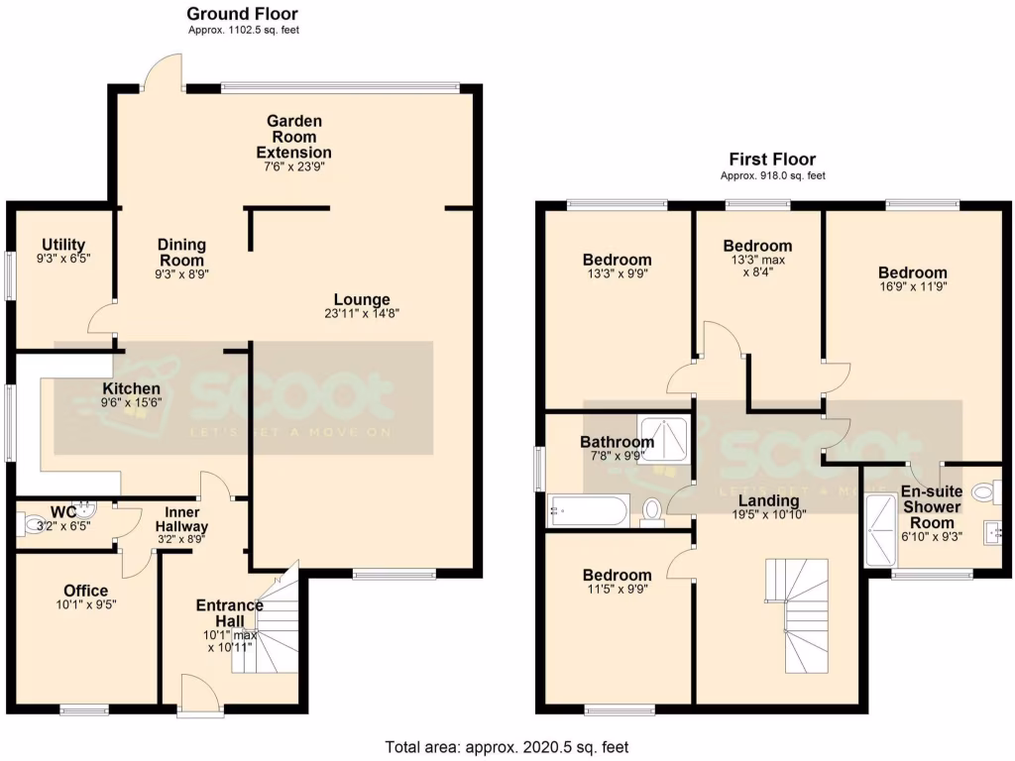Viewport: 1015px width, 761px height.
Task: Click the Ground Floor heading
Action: pyautogui.click(x=243, y=14)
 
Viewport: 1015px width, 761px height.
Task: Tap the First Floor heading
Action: pyautogui.click(x=772, y=159)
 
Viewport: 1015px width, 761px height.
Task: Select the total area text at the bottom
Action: pyautogui.click(x=507, y=747)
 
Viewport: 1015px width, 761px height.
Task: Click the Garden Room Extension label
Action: pyautogui.click(x=293, y=137)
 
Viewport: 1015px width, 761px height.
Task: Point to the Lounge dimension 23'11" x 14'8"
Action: pyautogui.click(x=362, y=313)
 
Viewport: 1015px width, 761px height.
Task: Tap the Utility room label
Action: pyautogui.click(x=62, y=245)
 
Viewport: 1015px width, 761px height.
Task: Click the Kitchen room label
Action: pyautogui.click(x=131, y=388)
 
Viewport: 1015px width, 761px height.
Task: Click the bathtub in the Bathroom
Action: pyautogui.click(x=587, y=511)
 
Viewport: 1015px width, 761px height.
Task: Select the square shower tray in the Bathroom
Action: pyautogui.click(x=661, y=437)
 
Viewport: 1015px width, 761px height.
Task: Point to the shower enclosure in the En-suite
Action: pyautogui.click(x=878, y=531)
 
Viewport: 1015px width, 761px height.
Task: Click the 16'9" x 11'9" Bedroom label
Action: pyautogui.click(x=912, y=272)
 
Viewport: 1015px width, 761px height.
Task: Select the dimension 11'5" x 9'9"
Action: pyautogui.click(x=617, y=592)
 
